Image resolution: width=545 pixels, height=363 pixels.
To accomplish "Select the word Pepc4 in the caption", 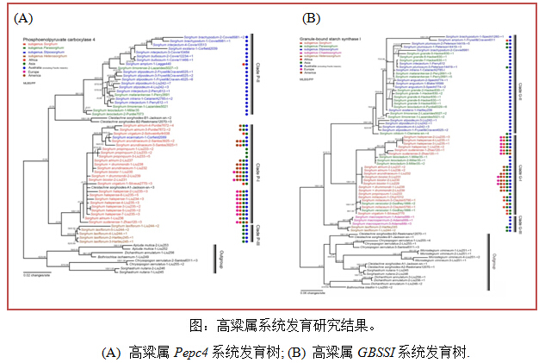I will click(x=189, y=352).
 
